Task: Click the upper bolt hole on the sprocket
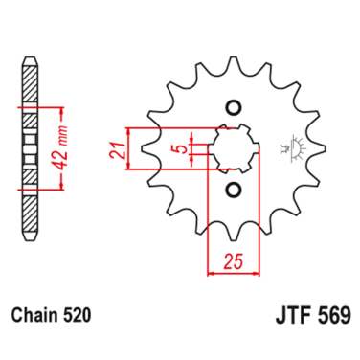pos(231,106)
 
